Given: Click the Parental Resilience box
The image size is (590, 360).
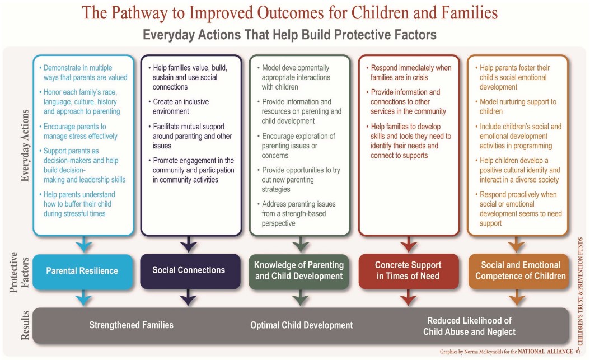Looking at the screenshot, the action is pos(83,271).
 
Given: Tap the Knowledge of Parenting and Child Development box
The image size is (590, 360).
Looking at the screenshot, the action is pos(299,271).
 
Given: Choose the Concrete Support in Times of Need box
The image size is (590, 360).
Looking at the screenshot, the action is pos(408,271).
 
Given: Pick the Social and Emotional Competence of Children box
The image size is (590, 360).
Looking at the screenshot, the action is pos(518,271).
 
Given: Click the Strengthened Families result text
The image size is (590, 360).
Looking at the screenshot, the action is pos(132,325).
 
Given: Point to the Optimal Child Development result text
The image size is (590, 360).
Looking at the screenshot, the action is pos(302,325).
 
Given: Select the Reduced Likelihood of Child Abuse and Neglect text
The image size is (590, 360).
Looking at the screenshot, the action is pos(469,326).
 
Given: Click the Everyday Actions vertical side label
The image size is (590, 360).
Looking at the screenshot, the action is pos(25,146).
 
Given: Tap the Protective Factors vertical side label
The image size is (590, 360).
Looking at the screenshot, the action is pos(19,272).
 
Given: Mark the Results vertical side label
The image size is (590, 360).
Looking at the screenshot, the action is pos(25,325).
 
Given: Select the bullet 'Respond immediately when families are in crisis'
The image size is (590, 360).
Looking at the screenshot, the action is pos(409,73).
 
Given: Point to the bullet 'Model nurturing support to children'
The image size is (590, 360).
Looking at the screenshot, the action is pos(516,106).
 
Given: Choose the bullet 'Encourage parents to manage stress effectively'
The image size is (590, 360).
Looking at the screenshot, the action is pos(78,131).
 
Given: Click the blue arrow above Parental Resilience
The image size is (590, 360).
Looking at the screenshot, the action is pos(83,245).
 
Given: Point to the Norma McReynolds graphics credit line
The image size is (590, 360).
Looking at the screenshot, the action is pos(506,352).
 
